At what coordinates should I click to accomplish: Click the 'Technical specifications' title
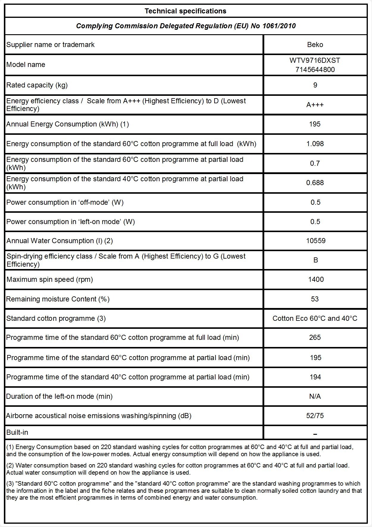click(x=185, y=11)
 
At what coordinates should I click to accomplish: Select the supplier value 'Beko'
click(x=315, y=45)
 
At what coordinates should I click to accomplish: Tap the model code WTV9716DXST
click(x=315, y=60)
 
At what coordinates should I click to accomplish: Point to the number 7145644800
click(x=315, y=70)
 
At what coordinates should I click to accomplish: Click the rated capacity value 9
click(x=315, y=85)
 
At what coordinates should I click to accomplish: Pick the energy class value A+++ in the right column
click(x=315, y=105)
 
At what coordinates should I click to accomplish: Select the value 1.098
click(x=315, y=144)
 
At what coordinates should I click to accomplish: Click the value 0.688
click(x=315, y=183)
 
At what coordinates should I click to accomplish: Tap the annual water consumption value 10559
click(x=315, y=241)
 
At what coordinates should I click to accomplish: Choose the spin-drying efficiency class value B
click(x=315, y=260)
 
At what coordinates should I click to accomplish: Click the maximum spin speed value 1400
click(x=316, y=279)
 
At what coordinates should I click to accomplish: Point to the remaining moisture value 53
click(x=315, y=299)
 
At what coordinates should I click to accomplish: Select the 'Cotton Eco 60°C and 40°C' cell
click(x=315, y=318)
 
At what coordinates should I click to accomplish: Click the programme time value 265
click(x=315, y=337)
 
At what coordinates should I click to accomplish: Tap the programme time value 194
click(x=315, y=377)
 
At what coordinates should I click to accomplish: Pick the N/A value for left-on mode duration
click(x=315, y=396)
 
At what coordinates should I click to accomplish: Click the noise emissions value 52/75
click(x=315, y=416)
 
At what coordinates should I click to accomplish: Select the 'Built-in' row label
click(x=17, y=432)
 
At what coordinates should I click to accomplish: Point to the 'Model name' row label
click(x=26, y=65)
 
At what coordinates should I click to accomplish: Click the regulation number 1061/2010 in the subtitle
click(x=279, y=26)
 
